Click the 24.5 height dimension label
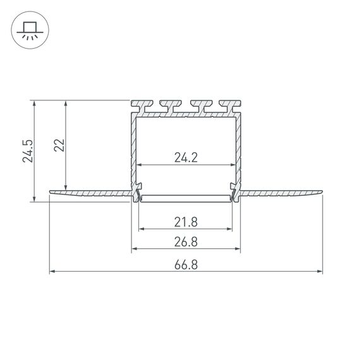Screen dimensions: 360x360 [x=27, y=152]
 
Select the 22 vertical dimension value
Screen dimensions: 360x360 [x=59, y=145]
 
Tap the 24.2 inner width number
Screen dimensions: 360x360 [x=186, y=158]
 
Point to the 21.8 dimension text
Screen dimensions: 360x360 [x=186, y=221]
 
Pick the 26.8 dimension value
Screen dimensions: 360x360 [x=186, y=242]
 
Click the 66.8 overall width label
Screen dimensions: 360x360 [x=186, y=265]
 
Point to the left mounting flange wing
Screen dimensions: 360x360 [x=88, y=192]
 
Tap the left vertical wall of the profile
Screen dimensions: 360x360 [x=134, y=152]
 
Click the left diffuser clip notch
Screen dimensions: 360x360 [x=137, y=191]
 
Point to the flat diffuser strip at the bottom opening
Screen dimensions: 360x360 [x=186, y=199]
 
